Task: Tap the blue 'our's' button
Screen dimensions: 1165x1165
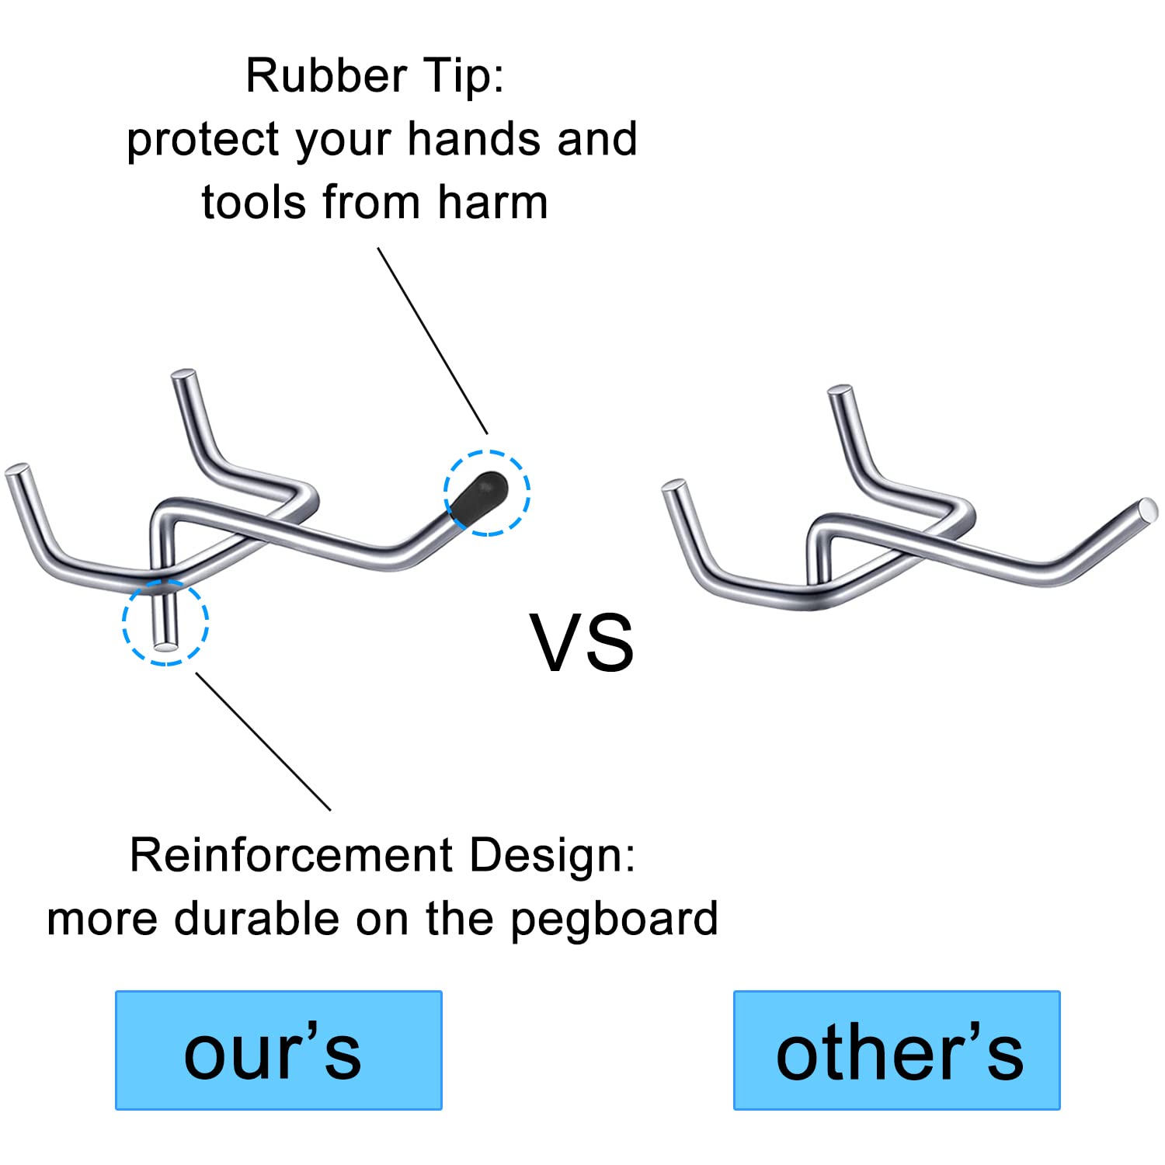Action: coord(279,1050)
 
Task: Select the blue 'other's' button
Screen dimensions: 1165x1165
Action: coord(897,1050)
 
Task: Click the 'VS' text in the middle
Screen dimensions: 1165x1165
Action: coord(582,642)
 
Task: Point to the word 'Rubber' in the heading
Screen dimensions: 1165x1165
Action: coord(326,75)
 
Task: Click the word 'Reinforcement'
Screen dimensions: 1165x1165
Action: coord(291,855)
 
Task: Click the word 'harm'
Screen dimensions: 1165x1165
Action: coord(492,203)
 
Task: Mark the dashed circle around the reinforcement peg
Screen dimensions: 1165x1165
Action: coord(123,622)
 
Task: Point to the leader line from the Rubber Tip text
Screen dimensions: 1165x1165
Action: coord(433,341)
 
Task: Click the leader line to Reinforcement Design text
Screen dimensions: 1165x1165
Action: coord(263,742)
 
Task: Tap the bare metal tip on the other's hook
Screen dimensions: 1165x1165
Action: coord(1146,510)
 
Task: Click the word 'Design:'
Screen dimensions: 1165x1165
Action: coord(552,857)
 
